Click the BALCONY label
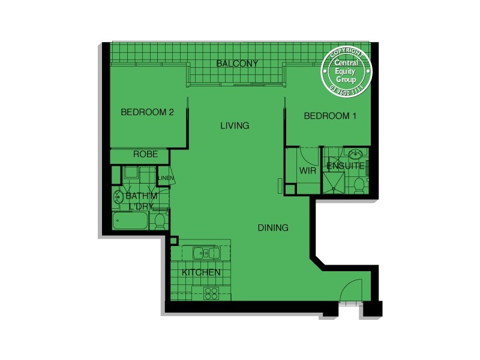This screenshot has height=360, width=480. pos(237,63)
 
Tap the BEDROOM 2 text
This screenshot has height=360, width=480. pos(147,112)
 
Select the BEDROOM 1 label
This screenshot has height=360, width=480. pos(330,116)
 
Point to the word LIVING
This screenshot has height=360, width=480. pos(234,125)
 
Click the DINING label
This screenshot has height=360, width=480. pos(273,228)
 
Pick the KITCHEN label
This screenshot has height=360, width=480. pos(201,272)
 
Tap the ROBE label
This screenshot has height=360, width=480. pos(145,154)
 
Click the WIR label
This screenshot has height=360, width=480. pos(307,170)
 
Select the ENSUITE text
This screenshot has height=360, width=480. pos(345,165)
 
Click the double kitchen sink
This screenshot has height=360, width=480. pos(205,253)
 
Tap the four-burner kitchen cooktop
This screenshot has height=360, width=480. pos(211,293)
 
